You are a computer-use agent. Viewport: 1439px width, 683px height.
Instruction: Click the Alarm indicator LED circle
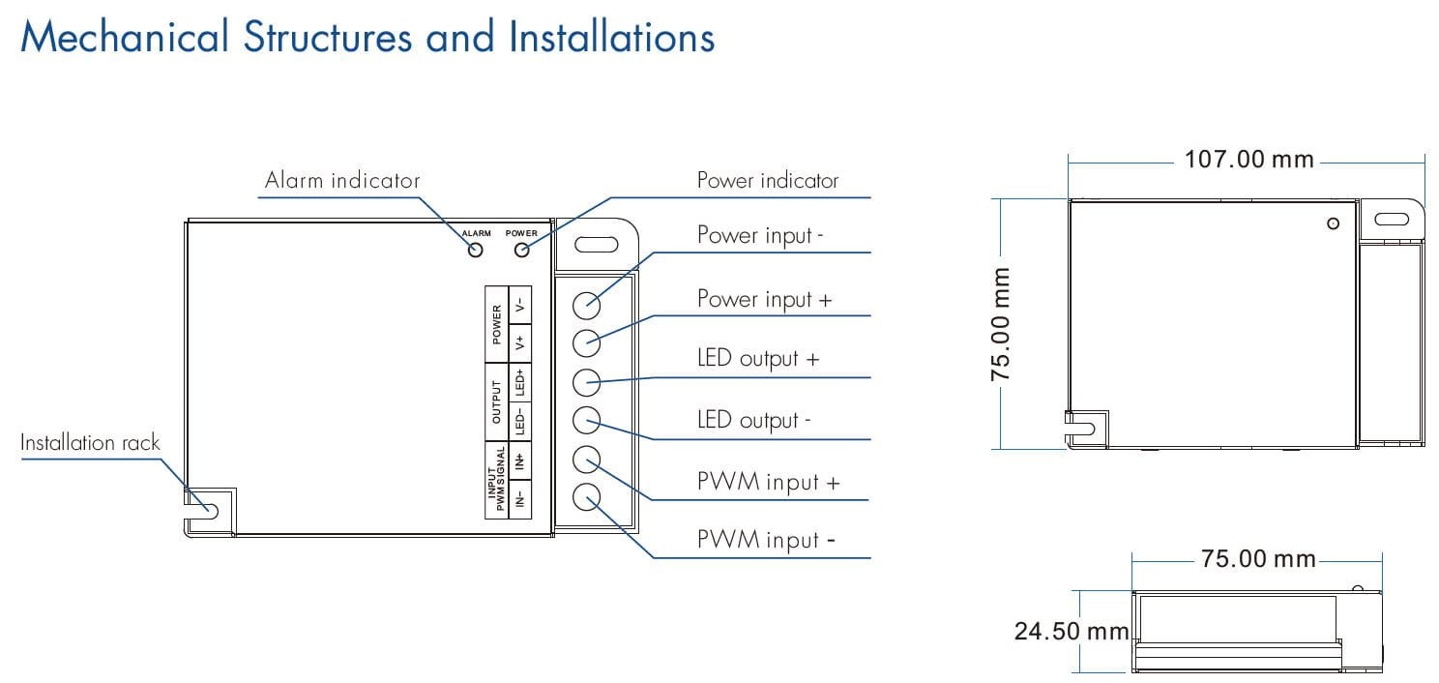coord(475,251)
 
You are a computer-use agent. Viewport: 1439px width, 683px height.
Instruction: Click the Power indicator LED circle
coord(522,251)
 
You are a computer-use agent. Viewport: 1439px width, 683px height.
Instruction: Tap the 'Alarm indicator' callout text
coord(342,181)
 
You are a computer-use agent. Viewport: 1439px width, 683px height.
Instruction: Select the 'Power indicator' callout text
coord(768,181)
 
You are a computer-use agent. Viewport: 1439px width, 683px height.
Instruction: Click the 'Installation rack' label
coord(90,443)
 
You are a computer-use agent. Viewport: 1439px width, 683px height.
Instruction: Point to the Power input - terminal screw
coord(587,305)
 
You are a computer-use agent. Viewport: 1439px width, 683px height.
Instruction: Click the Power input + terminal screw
coord(587,342)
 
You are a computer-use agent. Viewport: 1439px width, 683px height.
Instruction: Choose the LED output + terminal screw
coord(587,382)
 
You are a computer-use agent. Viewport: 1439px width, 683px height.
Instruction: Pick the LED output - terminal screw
coord(587,421)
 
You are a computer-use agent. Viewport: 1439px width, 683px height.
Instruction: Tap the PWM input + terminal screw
coord(587,460)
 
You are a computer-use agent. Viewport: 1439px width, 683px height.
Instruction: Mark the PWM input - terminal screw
coord(587,498)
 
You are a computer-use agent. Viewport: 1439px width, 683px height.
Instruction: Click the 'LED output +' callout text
coord(758,359)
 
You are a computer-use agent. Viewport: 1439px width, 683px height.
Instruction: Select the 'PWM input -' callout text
coord(766,541)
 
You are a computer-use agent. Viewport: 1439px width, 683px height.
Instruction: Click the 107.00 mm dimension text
coord(1248,160)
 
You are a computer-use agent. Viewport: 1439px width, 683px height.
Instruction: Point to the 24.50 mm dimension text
coord(1071,632)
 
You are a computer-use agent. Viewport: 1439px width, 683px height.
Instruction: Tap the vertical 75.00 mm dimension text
coord(1001,324)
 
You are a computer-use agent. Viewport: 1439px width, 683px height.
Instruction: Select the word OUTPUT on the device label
coord(497,402)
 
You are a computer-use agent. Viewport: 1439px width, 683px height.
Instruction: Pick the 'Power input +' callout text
coord(764,300)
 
